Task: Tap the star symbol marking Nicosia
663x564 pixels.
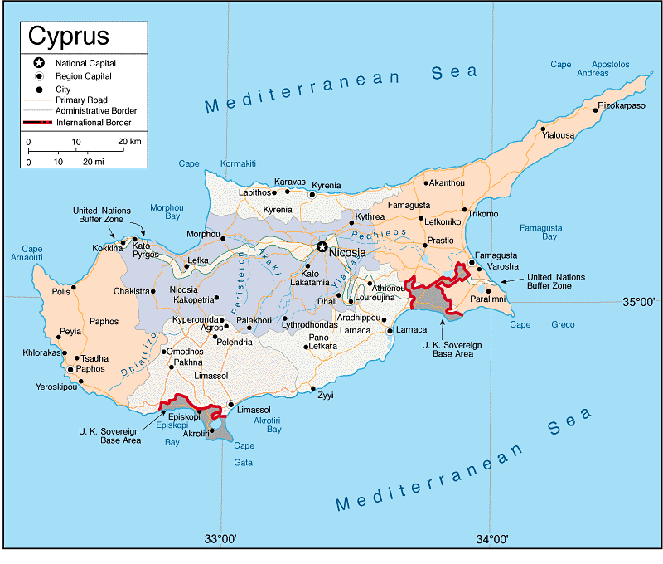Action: pyautogui.click(x=321, y=246)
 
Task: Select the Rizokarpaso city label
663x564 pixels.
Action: pyautogui.click(x=622, y=105)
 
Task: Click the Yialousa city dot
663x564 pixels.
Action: pyautogui.click(x=544, y=129)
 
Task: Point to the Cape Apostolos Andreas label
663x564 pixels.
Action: pyautogui.click(x=590, y=68)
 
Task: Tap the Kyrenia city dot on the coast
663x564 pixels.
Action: pyautogui.click(x=312, y=195)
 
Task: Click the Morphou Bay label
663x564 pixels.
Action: pyautogui.click(x=164, y=211)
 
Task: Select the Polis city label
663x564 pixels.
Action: pyautogui.click(x=60, y=291)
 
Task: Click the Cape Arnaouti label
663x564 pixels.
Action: pyautogui.click(x=31, y=253)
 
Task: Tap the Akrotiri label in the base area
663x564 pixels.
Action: pyautogui.click(x=196, y=433)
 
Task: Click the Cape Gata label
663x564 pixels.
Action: pyautogui.click(x=244, y=454)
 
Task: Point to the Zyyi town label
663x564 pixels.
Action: pyautogui.click(x=326, y=396)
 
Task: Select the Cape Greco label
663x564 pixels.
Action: pyautogui.click(x=542, y=324)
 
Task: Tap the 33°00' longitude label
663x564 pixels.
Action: pyautogui.click(x=221, y=540)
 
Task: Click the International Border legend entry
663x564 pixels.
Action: pyautogui.click(x=94, y=123)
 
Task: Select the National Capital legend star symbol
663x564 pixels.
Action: pyautogui.click(x=37, y=63)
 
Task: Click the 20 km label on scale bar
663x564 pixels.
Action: pyautogui.click(x=129, y=142)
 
